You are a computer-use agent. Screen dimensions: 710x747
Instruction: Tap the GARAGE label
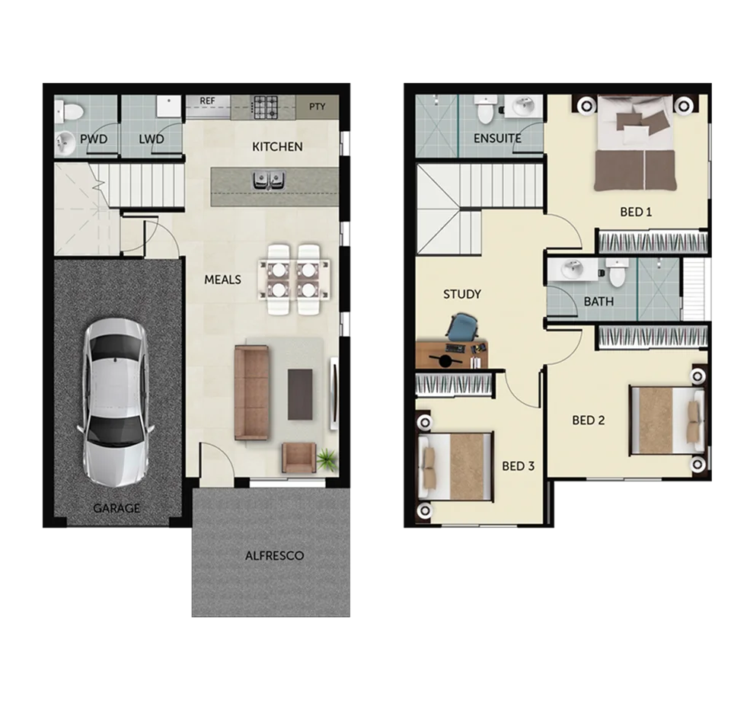pos(117,508)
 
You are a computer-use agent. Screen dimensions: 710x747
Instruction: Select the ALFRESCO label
pos(274,555)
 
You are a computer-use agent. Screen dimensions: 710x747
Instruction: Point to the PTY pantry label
pos(317,106)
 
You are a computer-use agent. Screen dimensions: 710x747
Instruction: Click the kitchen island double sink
pos(268,180)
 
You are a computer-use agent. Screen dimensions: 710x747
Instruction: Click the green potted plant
pos(327,459)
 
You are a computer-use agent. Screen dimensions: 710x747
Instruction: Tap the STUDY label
pos(462,294)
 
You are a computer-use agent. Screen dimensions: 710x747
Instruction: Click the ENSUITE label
pos(497,139)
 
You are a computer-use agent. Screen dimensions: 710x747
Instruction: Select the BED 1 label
pos(636,212)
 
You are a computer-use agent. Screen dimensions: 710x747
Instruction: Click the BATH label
pos(599,302)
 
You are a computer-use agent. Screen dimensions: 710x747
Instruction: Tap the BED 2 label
pos(589,421)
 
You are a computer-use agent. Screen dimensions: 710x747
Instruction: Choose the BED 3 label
pos(518,466)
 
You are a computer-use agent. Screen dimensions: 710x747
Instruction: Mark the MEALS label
pos(222,280)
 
